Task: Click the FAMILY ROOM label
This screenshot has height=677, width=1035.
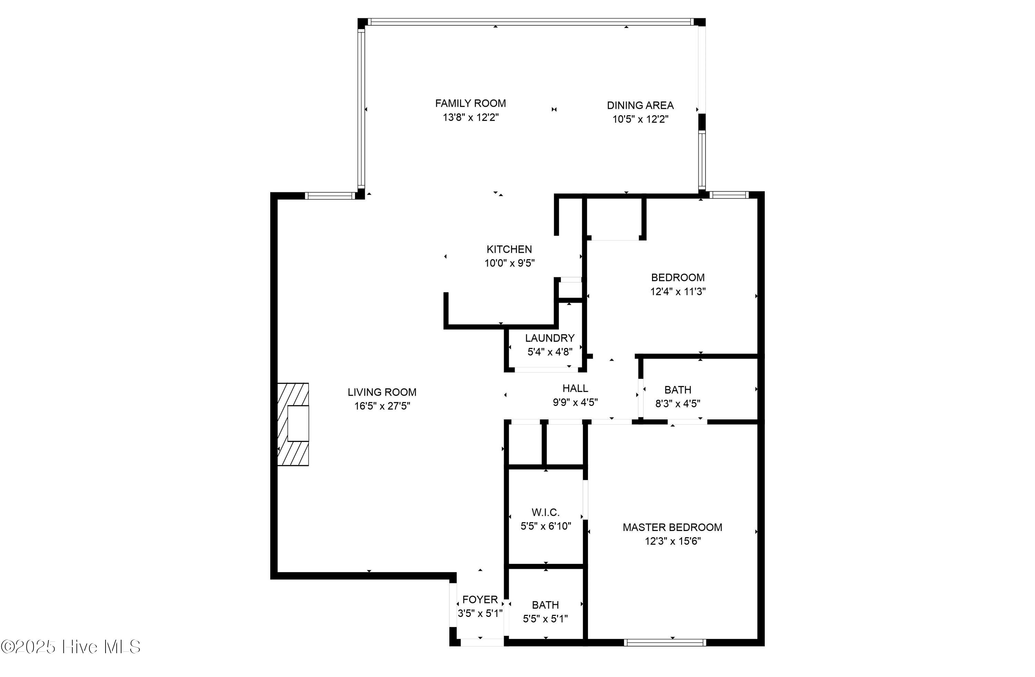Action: (x=470, y=104)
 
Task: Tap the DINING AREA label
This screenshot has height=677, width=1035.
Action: (x=640, y=105)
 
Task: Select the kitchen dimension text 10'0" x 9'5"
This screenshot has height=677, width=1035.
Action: (x=509, y=263)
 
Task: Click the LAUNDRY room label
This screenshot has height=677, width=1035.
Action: (x=549, y=338)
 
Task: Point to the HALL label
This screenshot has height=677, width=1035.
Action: (x=575, y=388)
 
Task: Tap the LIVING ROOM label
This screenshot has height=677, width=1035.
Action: (x=382, y=392)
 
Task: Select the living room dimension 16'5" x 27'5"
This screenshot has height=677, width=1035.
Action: (x=382, y=406)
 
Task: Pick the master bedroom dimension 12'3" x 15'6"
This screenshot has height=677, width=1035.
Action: (x=672, y=541)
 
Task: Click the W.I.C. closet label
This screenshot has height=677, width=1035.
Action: (x=545, y=512)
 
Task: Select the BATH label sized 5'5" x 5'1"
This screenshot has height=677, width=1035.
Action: (x=545, y=605)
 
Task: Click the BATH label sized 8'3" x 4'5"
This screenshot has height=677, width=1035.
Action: (x=678, y=390)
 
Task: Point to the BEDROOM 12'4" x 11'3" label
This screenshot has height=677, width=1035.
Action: (x=678, y=278)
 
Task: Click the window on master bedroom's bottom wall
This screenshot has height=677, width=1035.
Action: (x=664, y=642)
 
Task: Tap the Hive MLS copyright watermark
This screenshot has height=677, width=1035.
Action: (x=70, y=647)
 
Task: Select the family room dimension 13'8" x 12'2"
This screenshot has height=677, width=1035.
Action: (x=471, y=117)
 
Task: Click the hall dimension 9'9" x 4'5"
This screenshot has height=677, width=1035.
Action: (x=575, y=403)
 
